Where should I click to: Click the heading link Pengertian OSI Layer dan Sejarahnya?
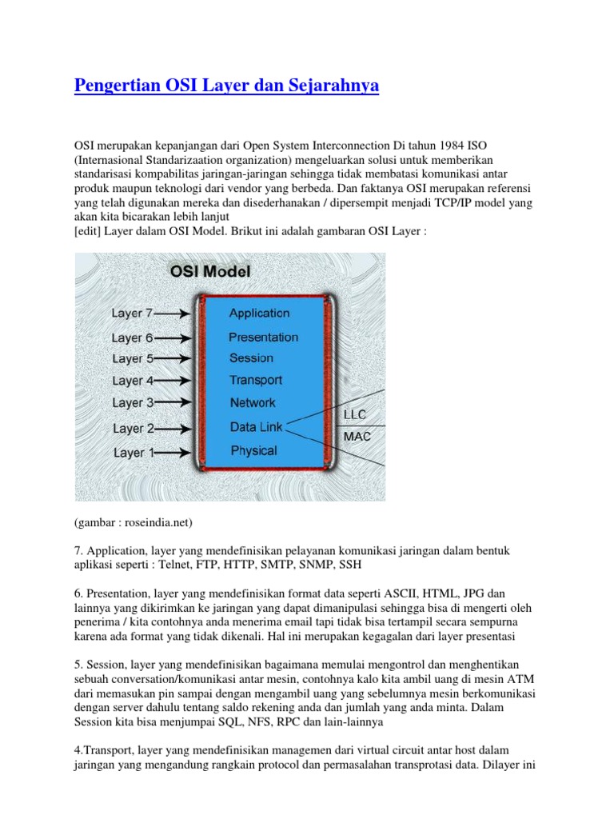click(226, 85)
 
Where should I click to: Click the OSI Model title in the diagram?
click(210, 271)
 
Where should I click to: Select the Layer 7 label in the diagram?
click(132, 314)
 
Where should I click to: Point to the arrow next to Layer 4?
click(174, 381)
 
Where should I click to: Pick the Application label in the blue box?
click(259, 314)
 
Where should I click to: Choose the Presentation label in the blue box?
click(263, 338)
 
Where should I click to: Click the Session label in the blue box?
click(251, 358)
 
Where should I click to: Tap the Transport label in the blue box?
click(256, 381)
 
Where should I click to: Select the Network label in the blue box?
click(253, 403)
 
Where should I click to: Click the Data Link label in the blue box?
click(256, 428)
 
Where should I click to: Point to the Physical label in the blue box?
click(253, 451)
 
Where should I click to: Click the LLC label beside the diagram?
click(355, 416)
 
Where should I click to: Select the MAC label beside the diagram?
click(357, 437)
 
